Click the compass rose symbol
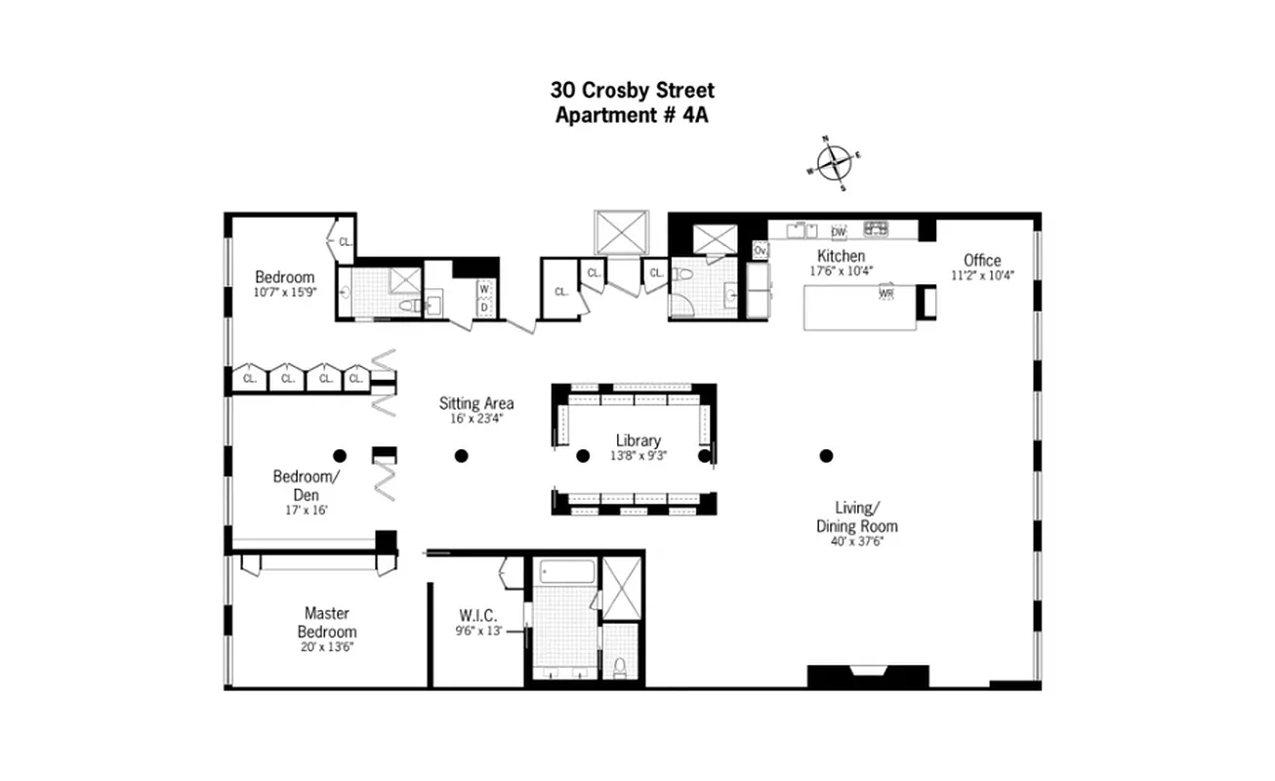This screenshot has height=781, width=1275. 833,163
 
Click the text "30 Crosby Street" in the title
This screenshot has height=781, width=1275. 633,91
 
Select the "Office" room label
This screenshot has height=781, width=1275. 982,260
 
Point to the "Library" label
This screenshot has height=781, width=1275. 637,440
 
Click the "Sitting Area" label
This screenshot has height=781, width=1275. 476,403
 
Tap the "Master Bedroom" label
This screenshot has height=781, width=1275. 327,623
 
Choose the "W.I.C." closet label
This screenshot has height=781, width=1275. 478,616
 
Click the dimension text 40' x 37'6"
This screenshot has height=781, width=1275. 857,543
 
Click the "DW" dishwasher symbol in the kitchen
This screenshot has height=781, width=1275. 838,232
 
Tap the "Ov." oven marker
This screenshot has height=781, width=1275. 761,251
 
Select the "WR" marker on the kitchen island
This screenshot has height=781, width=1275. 886,293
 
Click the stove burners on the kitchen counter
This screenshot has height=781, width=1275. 875,229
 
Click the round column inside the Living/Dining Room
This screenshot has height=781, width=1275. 826,455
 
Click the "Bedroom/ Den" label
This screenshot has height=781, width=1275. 306,485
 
